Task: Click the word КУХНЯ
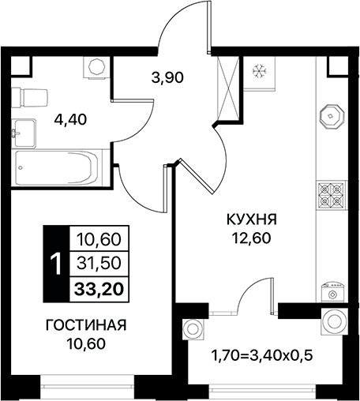[252, 218]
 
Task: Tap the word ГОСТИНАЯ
[87, 325]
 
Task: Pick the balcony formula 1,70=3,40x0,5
[264, 354]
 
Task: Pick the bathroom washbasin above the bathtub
[24, 131]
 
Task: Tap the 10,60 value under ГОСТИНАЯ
[87, 343]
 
